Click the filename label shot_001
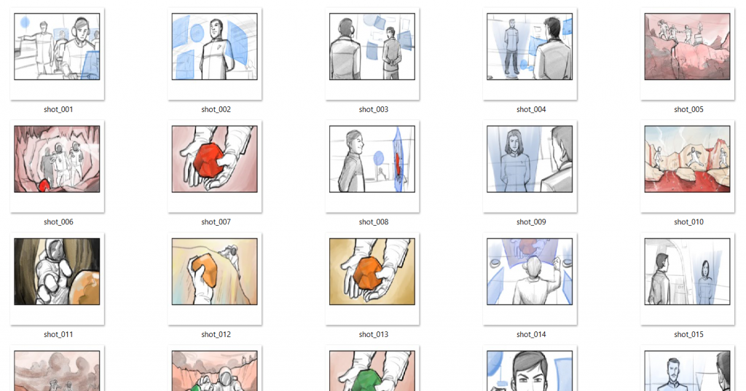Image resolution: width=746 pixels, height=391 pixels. point(58,109)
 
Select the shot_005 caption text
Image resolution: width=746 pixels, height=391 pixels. point(688,109)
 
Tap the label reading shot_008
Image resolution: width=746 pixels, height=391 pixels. point(374,222)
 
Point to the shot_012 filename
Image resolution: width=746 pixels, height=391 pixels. point(216,334)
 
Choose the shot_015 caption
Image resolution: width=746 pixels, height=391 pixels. point(688,334)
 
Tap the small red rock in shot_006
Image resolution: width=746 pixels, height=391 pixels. point(44,186)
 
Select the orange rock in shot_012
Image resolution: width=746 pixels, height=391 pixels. point(205,269)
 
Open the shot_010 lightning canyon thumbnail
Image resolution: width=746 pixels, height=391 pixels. point(687,159)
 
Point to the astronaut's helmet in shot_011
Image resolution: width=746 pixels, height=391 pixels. point(53,250)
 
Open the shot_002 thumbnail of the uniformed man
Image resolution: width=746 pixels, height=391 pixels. point(215,47)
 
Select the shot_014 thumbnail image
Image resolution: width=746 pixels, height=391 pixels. point(530,272)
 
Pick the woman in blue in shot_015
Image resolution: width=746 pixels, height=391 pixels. point(705,283)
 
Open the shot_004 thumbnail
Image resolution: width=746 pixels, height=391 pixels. point(530,47)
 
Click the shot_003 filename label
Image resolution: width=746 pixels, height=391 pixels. point(374,109)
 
